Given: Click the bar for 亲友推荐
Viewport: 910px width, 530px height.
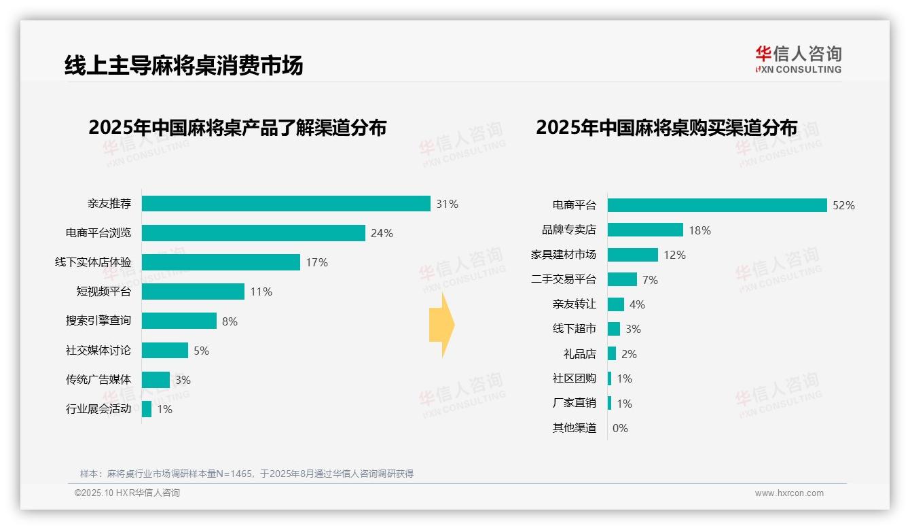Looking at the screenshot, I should pos(286,204).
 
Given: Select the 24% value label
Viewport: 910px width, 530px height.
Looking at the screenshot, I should pos(382,233).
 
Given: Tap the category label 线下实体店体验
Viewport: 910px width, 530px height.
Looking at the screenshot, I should pos(93,262).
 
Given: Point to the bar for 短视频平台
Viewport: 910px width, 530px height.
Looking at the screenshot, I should pos(193,291).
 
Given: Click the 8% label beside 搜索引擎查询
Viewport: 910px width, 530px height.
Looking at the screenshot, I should pos(230,321).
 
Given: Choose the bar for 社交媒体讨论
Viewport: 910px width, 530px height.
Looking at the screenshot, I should pos(165,351).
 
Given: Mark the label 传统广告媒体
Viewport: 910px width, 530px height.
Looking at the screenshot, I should pos(98,380).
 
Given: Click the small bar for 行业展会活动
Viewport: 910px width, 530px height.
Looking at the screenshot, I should pos(147,409).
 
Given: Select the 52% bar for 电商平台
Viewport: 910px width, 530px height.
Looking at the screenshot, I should pos(717,205).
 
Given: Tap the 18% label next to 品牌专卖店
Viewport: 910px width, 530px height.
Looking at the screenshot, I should pos(699,230).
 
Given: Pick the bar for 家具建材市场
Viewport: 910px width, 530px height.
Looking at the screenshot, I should pos(633,255).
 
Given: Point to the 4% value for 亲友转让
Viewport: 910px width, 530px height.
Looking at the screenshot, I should pos(637,304).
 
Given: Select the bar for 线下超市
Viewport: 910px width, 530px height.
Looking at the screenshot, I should pos(614,329).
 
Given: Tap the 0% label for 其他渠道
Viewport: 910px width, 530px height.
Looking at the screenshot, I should pos(620,428).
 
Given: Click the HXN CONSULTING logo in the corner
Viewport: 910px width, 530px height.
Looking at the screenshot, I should pos(798,60).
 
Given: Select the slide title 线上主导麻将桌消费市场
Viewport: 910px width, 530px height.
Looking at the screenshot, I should pos(183,65).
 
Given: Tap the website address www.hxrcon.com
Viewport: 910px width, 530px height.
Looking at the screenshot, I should pos(789,493).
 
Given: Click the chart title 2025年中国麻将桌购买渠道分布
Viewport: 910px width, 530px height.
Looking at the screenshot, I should pos(666,128).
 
